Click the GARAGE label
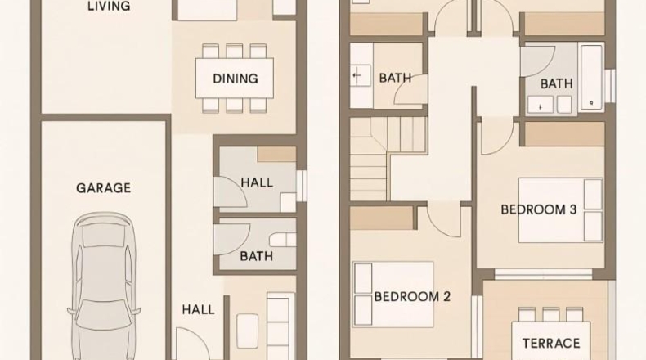103,188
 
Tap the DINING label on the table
236,79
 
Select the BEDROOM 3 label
539,209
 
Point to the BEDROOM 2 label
412,296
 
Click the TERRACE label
551,343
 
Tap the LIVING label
109,6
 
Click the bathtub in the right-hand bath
591,78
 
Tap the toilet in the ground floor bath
284,240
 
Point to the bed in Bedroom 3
560,210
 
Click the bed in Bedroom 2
393,295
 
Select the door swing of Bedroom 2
443,220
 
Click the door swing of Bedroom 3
497,136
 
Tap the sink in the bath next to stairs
357,75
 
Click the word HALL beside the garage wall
198,310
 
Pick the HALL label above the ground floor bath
257,182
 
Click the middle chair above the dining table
234,51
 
